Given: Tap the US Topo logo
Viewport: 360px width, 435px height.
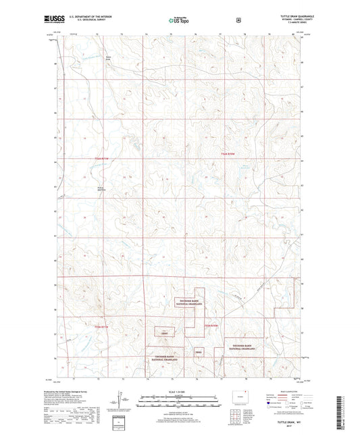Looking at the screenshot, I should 178,21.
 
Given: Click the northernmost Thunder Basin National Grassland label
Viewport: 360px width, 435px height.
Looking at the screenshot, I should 188,303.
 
